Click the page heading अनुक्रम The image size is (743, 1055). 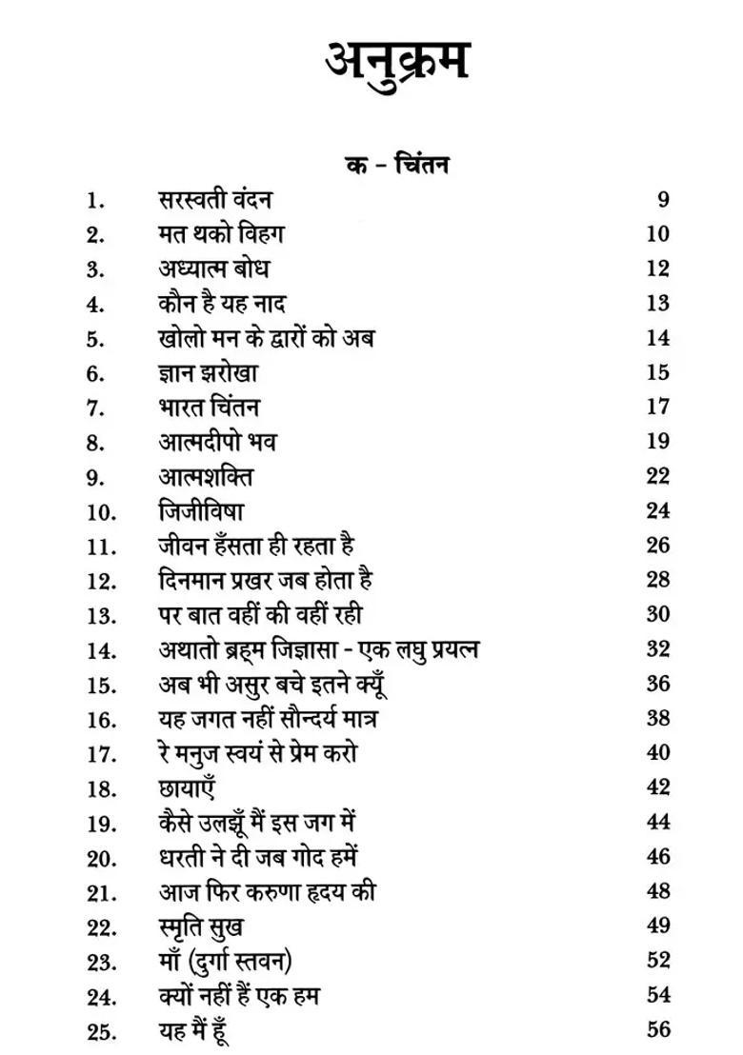pos(397,62)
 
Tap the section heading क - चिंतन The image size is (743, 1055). pos(397,165)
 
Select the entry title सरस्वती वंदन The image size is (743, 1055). pos(215,199)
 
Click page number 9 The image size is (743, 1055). pos(663,199)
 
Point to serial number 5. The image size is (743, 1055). pos(94,339)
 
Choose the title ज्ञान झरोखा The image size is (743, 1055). pos(209,373)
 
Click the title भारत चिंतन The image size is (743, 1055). pos(209,408)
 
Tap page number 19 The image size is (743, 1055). pos(657,442)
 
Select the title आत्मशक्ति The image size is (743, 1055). pos(206,476)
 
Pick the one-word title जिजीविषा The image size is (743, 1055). pos(201,511)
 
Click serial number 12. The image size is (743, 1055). pos(101,581)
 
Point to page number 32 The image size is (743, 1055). pos(657,649)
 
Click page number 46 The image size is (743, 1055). pos(657,856)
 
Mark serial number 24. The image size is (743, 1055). pos(101,997)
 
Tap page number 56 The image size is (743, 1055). pos(657,1029)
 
